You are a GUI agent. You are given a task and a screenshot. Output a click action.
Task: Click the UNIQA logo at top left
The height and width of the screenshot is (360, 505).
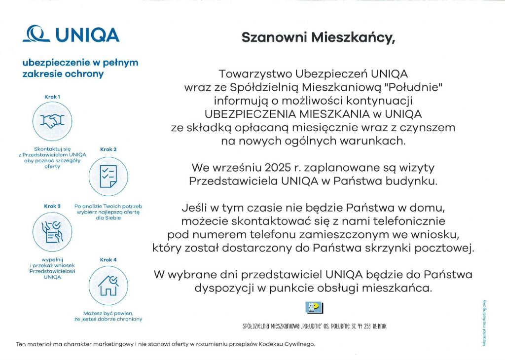(72, 35)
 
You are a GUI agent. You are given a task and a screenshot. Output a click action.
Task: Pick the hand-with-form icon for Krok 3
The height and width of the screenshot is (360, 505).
(52, 231)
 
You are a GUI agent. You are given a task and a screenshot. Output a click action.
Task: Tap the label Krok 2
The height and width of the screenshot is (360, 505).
(108, 149)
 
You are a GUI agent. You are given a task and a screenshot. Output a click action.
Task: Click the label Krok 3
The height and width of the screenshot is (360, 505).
(52, 206)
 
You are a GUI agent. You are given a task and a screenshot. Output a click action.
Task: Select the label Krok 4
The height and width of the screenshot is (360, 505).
(108, 259)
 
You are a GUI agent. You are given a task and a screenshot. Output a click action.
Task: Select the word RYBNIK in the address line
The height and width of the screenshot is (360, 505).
(376, 326)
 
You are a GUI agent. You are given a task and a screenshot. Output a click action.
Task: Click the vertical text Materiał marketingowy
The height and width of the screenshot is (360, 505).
(485, 323)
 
